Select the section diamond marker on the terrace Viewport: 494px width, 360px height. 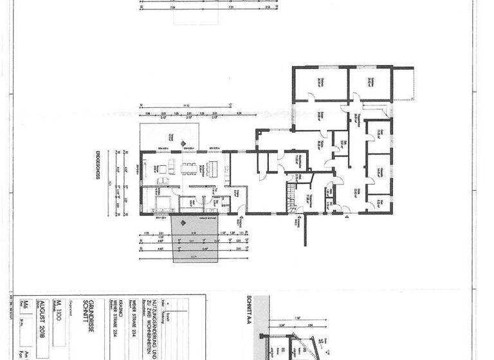pos(182,143)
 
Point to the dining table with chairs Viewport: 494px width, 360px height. pos(188,169)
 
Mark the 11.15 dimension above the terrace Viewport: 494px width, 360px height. pos(187,105)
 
